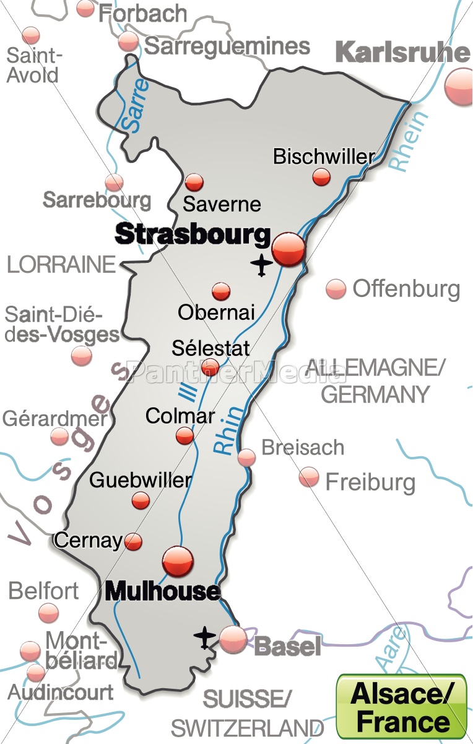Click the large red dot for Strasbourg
[289, 249]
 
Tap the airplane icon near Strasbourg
[262, 265]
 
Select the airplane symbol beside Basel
[204, 637]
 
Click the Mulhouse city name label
[162, 591]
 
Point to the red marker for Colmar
[184, 436]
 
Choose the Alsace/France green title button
[402, 707]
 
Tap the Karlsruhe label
[402, 53]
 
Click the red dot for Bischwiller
[321, 177]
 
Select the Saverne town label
[222, 204]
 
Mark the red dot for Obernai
[221, 291]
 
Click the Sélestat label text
[210, 348]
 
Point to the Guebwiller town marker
[141, 500]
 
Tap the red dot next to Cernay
[133, 542]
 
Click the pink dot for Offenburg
[336, 289]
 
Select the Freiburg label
[370, 482]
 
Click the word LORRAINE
[61, 265]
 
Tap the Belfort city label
[43, 591]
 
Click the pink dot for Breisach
[246, 457]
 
